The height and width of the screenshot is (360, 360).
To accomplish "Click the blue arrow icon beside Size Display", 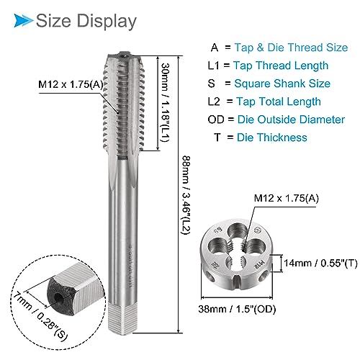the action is [23, 20].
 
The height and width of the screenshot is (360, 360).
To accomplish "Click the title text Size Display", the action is [86, 21].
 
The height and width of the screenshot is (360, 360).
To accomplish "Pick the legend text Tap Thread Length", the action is [281, 66].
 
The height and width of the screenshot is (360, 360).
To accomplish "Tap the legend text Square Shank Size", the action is [282, 84].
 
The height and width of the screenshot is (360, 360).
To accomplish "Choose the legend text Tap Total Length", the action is [279, 102].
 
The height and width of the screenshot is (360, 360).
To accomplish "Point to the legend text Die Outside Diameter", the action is [291, 120].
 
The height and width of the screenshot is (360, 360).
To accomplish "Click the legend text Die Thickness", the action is [272, 138].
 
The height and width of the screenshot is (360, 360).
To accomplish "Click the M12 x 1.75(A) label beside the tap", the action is [71, 84].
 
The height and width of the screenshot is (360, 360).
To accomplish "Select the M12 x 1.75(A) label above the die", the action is [287, 198].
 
